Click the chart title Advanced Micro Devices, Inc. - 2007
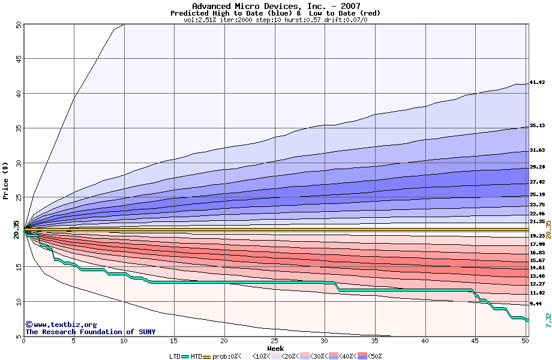tap(275, 6)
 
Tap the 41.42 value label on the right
tap(536, 82)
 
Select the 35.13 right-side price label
tap(536, 126)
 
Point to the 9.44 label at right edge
tap(536, 304)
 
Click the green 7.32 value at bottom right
tap(548, 320)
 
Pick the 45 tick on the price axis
tap(18, 59)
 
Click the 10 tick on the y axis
tap(18, 301)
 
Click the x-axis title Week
tap(275, 349)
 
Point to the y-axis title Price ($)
tap(5, 181)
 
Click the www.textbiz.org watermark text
tap(61, 325)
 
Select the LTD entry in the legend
tap(176, 356)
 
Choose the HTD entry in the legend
tap(196, 356)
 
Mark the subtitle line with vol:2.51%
tap(275, 20)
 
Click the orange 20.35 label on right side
tap(548, 229)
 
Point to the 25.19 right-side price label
tap(536, 195)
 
